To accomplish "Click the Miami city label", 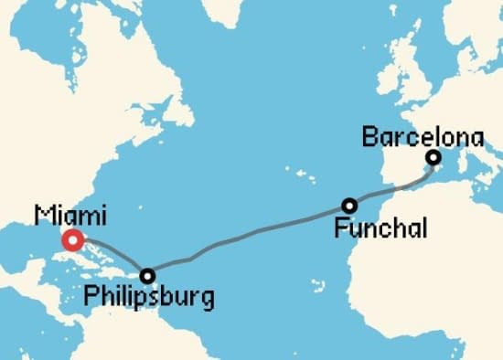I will [70, 217].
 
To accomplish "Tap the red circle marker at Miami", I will [73, 241].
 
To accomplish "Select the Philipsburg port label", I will [148, 298].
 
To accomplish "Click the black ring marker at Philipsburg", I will [147, 275].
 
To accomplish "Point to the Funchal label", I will [380, 228].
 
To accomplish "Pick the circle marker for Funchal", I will [348, 206].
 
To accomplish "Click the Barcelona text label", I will [422, 138].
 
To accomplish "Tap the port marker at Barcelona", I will [433, 158].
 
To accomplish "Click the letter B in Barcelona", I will [369, 138].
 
